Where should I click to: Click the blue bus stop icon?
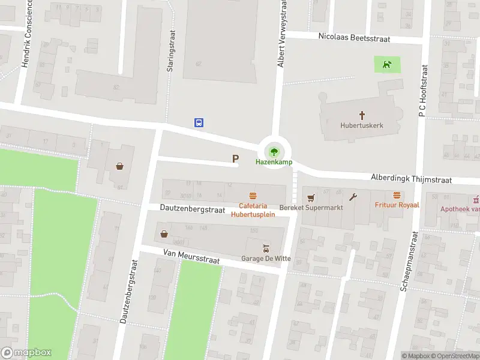pos(199,122)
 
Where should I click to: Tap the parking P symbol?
pos(236,159)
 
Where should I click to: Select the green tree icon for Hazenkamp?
pos(274,151)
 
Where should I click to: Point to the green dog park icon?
pos(388,64)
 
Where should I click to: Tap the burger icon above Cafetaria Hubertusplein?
pos(253,196)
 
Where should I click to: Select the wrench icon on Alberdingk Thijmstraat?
pos(353,196)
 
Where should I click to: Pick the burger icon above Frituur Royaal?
pos(397,195)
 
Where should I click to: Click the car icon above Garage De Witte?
pos(266,248)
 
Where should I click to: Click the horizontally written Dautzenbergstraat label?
pos(191,209)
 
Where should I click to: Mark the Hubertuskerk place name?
pos(361,125)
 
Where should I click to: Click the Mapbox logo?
pos(26,353)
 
